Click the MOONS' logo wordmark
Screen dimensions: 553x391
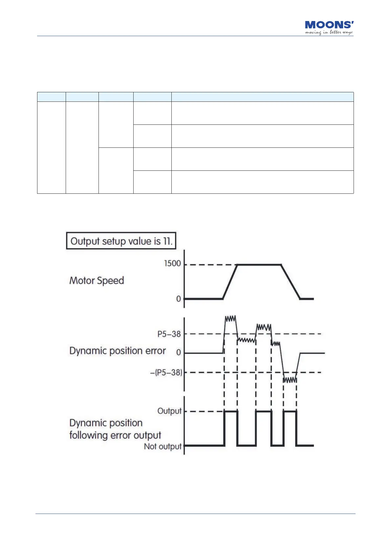[x=329, y=25]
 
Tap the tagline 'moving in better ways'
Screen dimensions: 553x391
[x=329, y=33]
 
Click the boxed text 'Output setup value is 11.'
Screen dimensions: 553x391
[x=121, y=241]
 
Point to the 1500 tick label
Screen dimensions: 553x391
[x=173, y=263]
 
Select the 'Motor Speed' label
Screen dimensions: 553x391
[x=97, y=281]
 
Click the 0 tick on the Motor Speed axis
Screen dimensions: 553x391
[x=179, y=299]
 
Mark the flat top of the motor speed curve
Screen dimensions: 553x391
[x=259, y=264]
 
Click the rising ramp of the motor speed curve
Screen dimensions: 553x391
[x=230, y=281]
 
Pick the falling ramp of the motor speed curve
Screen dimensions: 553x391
[x=291, y=281]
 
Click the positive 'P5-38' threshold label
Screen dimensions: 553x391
[x=169, y=334]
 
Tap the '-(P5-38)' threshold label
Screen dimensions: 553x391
[x=166, y=372]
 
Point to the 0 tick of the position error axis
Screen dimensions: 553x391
[x=179, y=353]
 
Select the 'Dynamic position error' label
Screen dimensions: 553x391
[x=118, y=351]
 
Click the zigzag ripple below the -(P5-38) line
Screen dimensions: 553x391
[x=290, y=380]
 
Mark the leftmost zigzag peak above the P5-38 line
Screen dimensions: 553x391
[x=230, y=318]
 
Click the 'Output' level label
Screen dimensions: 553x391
[x=169, y=411]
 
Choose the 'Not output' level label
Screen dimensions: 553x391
[x=163, y=446]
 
